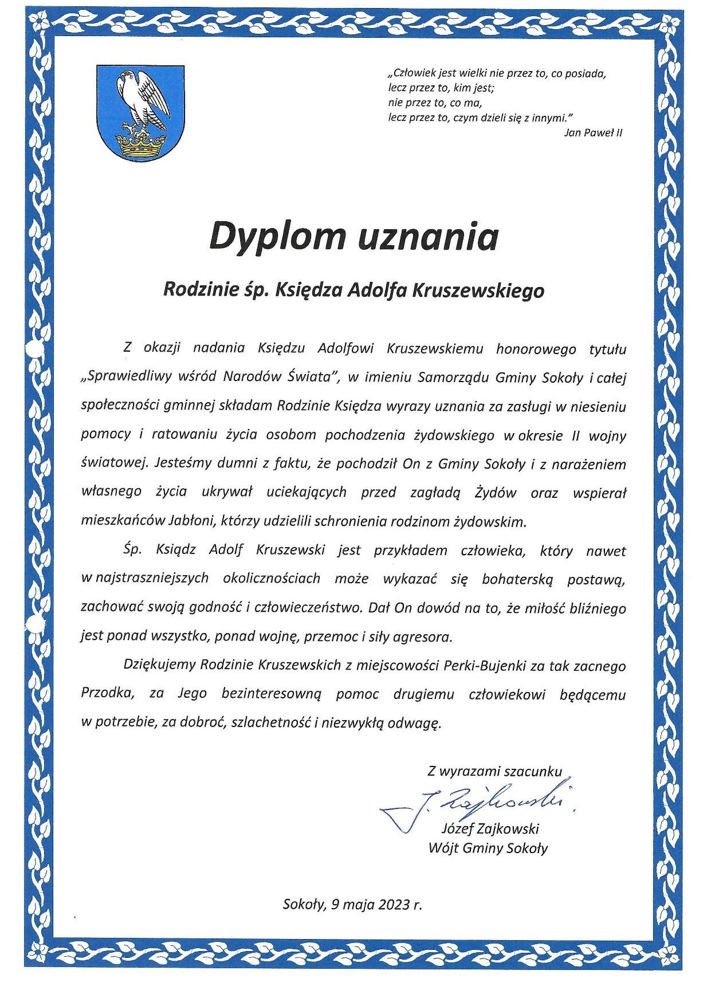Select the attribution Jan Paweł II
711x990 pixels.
click(x=593, y=133)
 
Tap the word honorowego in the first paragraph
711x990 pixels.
click(x=532, y=348)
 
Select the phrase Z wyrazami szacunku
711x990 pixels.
click(x=494, y=772)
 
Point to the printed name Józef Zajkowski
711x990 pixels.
click(x=490, y=829)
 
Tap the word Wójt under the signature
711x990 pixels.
click(x=441, y=848)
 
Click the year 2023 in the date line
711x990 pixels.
click(x=393, y=905)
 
